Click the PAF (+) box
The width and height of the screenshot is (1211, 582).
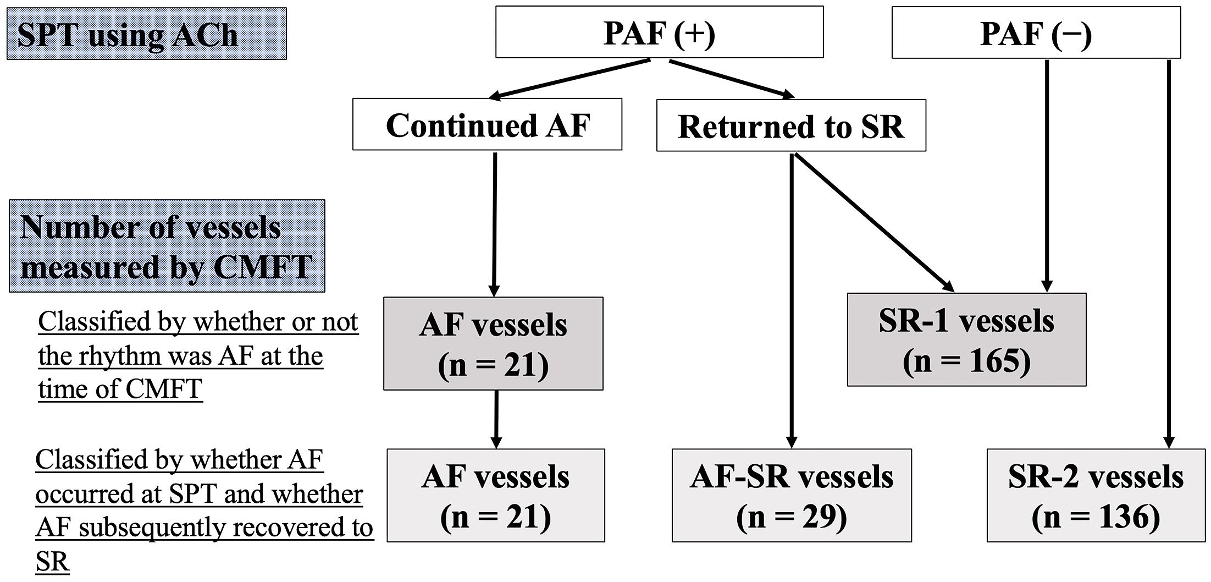point(659,32)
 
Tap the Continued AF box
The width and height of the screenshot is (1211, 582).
point(487,125)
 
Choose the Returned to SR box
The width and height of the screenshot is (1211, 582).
point(790,126)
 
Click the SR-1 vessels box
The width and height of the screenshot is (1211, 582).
point(966,339)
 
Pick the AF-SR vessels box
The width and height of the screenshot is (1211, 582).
point(792,495)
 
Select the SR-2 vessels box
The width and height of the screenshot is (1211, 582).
point(1096,495)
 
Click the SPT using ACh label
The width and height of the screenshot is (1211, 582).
point(146,34)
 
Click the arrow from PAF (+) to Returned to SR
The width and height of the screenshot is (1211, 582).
point(731,79)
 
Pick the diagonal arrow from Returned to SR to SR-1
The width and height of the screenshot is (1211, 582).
point(874,222)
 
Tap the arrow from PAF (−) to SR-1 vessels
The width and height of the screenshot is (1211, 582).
point(1047,176)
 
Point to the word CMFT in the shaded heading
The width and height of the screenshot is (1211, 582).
point(262,267)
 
